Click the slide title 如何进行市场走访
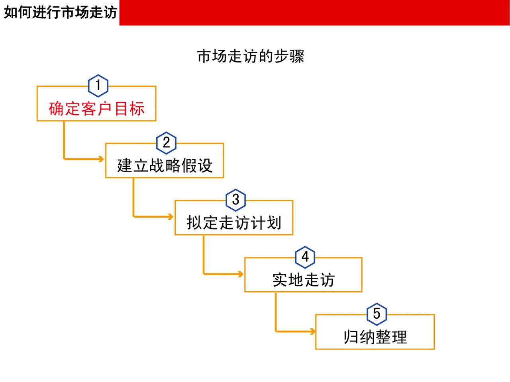pyautogui.click(x=60, y=12)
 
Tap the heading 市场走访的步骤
pyautogui.click(x=251, y=57)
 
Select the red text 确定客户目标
pyautogui.click(x=96, y=109)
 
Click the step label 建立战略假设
pyautogui.click(x=165, y=166)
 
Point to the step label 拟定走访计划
pyautogui.click(x=234, y=222)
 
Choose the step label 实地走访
pyautogui.click(x=303, y=280)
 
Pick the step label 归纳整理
pyautogui.click(x=375, y=337)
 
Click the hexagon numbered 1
pyautogui.click(x=98, y=86)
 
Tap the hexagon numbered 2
pyautogui.click(x=167, y=142)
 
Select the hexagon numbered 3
pyautogui.click(x=236, y=200)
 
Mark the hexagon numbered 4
pyautogui.click(x=305, y=257)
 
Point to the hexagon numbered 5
pyautogui.click(x=377, y=314)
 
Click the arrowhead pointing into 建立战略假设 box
pyautogui.click(x=101, y=159)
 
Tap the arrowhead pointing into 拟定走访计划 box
pyautogui.click(x=171, y=217)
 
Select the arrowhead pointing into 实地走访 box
pyautogui.click(x=240, y=274)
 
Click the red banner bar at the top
pyautogui.click(x=314, y=12)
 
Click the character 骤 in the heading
pyautogui.click(x=297, y=57)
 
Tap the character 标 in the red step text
pyautogui.click(x=137, y=109)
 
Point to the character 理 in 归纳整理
pyautogui.click(x=399, y=337)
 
